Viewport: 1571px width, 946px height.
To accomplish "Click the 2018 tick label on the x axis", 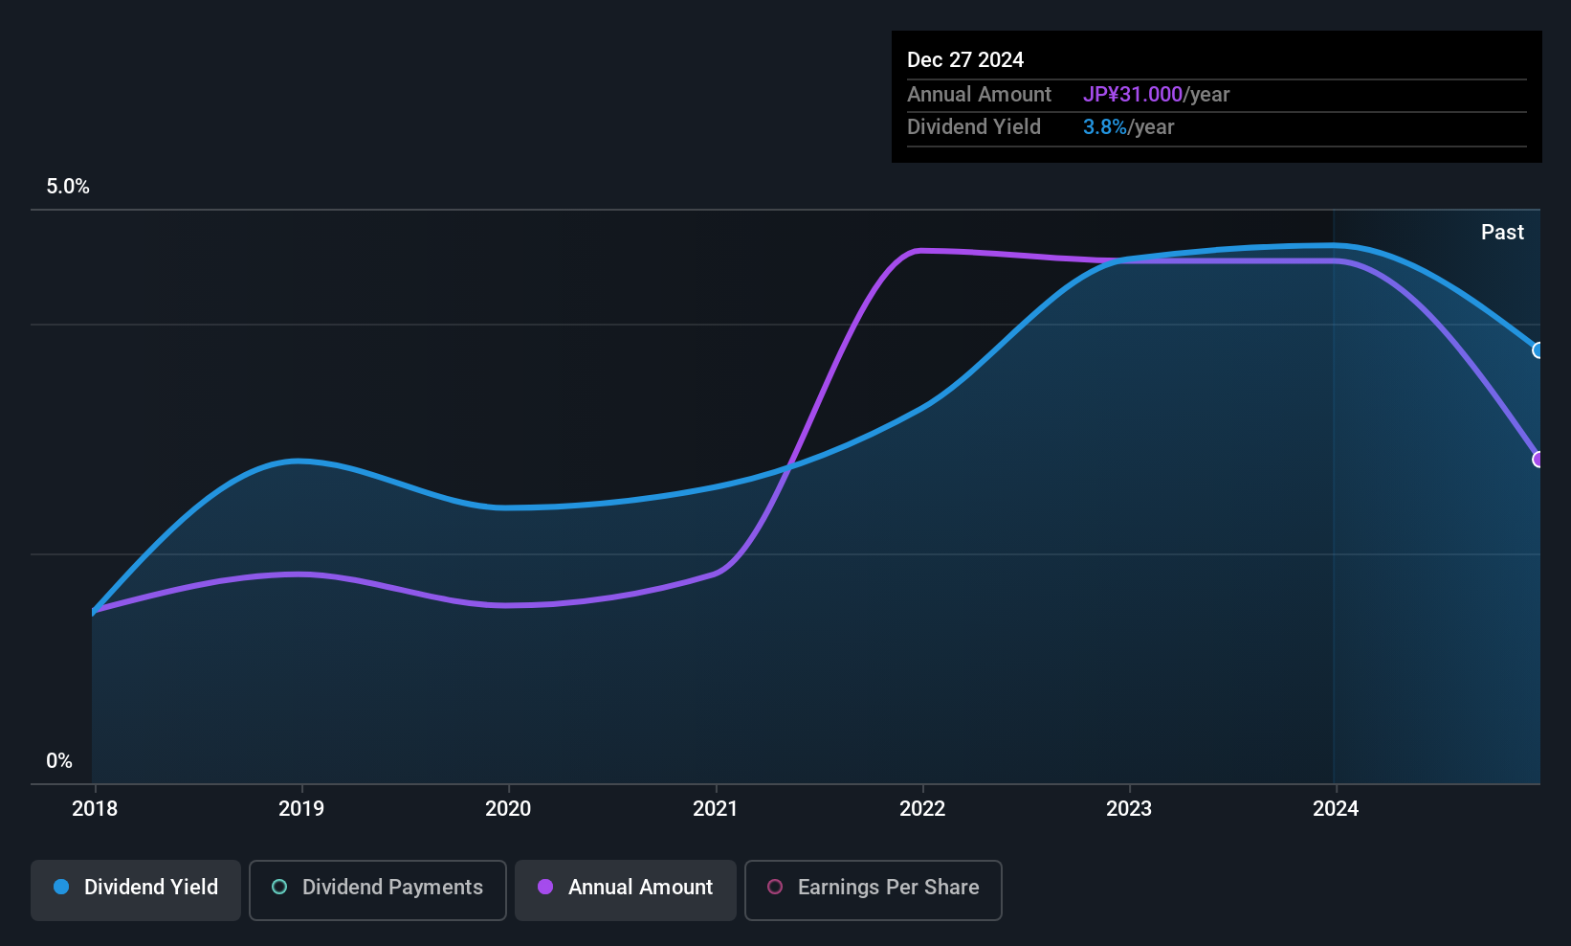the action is (x=95, y=808).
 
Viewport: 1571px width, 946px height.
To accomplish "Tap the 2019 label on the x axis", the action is (x=301, y=808).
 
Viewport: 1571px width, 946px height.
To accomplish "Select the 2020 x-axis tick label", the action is (x=508, y=808).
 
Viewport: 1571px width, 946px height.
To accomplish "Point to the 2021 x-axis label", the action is (x=716, y=808).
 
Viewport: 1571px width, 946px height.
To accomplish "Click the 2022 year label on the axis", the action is (x=922, y=808).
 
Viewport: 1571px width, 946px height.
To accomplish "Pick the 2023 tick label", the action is (x=1129, y=808).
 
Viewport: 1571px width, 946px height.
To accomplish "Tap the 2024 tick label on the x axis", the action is (x=1336, y=808).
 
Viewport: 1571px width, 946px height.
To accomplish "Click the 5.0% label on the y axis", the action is (x=68, y=187).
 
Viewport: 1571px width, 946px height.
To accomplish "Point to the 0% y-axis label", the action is (x=59, y=761).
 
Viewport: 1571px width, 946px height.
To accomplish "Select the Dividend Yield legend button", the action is (x=135, y=890).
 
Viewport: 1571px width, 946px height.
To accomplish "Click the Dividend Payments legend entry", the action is (x=377, y=890).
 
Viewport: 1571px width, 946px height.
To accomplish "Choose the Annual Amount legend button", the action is (x=626, y=890).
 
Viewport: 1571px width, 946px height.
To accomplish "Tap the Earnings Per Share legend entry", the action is (x=874, y=890).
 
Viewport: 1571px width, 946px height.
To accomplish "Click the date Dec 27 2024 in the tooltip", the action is (x=965, y=60).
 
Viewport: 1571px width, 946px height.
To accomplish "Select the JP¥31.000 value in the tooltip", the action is (x=1133, y=94).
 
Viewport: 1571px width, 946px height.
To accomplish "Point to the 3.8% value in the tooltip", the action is (x=1105, y=127).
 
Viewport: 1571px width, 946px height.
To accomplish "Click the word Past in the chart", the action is (x=1502, y=233).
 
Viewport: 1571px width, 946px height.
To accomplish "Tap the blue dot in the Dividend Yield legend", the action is (x=62, y=887).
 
